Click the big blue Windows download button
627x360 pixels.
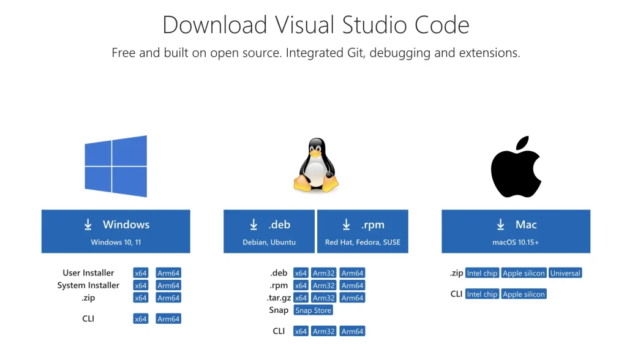[x=116, y=231]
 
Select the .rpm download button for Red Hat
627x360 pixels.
[x=362, y=231]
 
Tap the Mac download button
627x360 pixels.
[x=516, y=231]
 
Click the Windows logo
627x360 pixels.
[x=116, y=166]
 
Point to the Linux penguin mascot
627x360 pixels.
[x=316, y=165]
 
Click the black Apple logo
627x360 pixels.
[x=516, y=167]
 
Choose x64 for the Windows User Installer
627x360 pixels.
[x=141, y=273]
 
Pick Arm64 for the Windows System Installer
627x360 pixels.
[x=168, y=285]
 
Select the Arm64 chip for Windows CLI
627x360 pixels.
[x=168, y=319]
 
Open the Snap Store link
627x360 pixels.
[x=313, y=310]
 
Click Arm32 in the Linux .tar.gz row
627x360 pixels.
[x=324, y=298]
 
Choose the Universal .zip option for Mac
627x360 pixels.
[x=565, y=273]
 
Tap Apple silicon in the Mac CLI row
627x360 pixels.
[x=524, y=294]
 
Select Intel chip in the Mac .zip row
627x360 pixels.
[x=482, y=273]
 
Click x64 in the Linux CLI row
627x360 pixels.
[x=301, y=331]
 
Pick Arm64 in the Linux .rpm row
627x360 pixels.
[x=352, y=285]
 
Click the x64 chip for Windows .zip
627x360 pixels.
[x=141, y=298]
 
